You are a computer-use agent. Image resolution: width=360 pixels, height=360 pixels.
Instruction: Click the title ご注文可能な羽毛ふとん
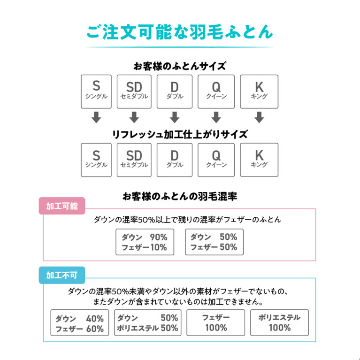coord(180,32)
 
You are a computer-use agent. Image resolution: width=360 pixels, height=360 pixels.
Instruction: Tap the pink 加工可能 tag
coord(62,206)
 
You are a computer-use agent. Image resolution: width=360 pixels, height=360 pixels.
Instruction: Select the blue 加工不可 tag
coord(62,275)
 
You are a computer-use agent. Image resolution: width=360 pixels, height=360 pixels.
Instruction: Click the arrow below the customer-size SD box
coord(134,117)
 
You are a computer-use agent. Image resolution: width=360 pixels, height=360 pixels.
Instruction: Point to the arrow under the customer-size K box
coord(259,117)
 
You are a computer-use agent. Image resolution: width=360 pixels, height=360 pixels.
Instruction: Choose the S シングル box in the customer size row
coord(96,92)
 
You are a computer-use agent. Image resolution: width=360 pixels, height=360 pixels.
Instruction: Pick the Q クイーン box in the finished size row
coord(216,160)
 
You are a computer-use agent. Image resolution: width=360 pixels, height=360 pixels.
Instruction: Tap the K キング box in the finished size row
coord(259,160)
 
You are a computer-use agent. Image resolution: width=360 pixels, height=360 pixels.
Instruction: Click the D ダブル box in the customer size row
coord(175,92)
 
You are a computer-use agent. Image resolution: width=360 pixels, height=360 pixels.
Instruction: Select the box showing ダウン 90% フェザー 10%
coord(145,242)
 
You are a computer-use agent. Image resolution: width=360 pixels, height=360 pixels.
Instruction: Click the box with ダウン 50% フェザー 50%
coord(214,242)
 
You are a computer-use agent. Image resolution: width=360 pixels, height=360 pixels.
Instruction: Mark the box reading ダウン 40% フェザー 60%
coord(80,322)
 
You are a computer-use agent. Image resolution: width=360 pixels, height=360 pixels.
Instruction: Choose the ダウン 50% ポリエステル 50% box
coord(148,322)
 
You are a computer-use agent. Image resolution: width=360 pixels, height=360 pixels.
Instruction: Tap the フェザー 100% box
coord(216,322)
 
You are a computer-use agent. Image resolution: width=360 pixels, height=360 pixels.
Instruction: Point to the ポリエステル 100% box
coord(279,322)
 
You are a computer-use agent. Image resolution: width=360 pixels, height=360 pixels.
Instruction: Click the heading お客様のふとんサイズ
coord(180,66)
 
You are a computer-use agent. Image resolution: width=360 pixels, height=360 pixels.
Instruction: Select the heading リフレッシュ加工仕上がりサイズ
coord(180,135)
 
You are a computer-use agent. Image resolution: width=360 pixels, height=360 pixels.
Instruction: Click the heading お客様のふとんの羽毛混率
coord(180,197)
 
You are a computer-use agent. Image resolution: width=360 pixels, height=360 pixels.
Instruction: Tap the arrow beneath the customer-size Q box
coord(216,117)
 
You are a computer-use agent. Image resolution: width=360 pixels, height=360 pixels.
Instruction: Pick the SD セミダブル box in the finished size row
coord(134,160)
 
